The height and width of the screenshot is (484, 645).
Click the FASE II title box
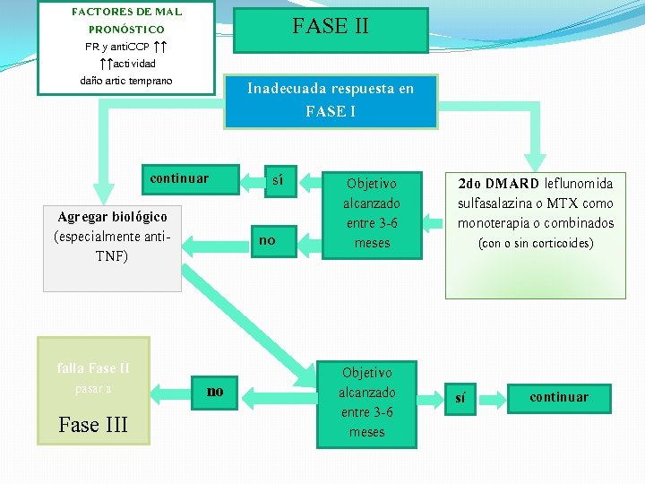pyautogui.click(x=331, y=27)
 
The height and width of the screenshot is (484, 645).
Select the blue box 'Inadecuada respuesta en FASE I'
pyautogui.click(x=331, y=99)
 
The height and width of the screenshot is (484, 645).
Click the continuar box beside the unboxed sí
pyautogui.click(x=559, y=397)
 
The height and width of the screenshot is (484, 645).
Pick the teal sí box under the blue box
pyautogui.click(x=278, y=179)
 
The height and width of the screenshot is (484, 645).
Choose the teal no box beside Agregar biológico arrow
pyautogui.click(x=268, y=240)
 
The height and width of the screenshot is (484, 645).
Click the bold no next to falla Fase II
pyautogui.click(x=215, y=392)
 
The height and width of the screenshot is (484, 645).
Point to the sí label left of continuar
pyautogui.click(x=460, y=398)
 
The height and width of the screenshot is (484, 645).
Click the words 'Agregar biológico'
pyautogui.click(x=112, y=217)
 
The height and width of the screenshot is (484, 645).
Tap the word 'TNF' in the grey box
pyautogui.click(x=112, y=256)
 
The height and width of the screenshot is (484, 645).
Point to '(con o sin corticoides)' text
pyautogui.click(x=536, y=243)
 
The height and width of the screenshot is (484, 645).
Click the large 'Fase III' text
pyautogui.click(x=93, y=424)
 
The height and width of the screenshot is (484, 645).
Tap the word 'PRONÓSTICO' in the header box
pyautogui.click(x=126, y=30)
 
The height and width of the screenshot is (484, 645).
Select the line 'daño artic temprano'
pyautogui.click(x=126, y=81)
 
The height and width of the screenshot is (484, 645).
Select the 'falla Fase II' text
pyautogui.click(x=93, y=368)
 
